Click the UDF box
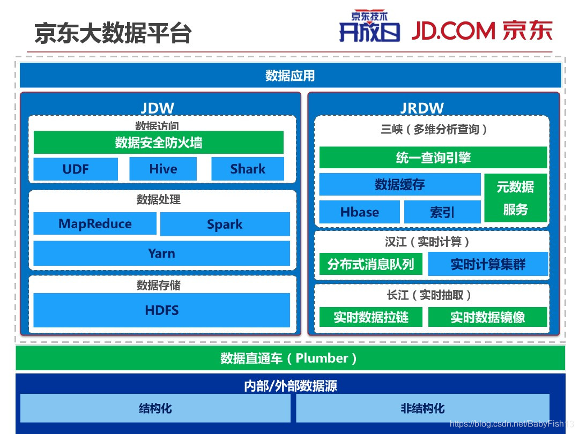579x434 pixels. pos(76,169)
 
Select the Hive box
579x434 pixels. pos(163,169)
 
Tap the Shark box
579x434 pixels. pos(247,169)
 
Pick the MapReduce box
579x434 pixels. pos(95,223)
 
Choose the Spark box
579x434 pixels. pos(225,224)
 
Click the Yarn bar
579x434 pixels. pos(161,253)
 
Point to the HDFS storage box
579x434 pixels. pos(161,310)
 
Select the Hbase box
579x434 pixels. pos(359,212)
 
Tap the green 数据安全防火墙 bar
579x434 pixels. pos(158,143)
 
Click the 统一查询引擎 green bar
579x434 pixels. pos(433,158)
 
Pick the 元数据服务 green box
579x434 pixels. pos(515,198)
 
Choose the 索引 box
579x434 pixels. pos(442,212)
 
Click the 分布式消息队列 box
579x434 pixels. pos(370,264)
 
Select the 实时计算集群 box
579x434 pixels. pos(488,264)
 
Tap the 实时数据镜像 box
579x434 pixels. pos(487,317)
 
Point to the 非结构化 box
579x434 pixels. pos(422,408)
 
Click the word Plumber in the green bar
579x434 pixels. pos(322,358)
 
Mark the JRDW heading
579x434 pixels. pos(422,108)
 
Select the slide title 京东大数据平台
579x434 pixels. pos(113,33)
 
